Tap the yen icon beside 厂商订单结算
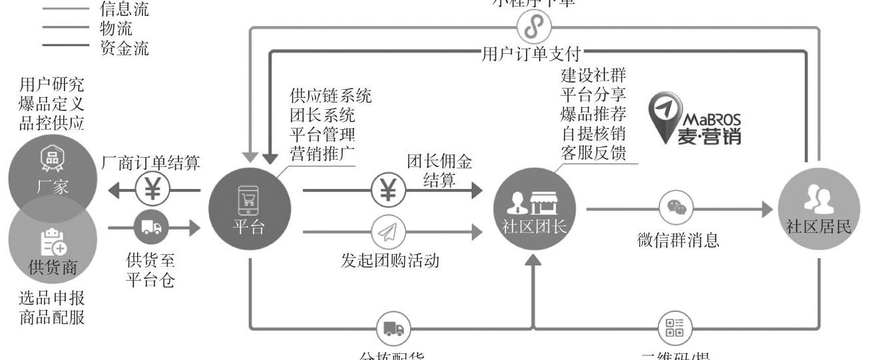point(152,191)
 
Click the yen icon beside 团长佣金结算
point(387,191)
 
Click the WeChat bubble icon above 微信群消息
point(676,209)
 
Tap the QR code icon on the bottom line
point(675,327)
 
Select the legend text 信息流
point(124,9)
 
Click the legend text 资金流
point(124,48)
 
